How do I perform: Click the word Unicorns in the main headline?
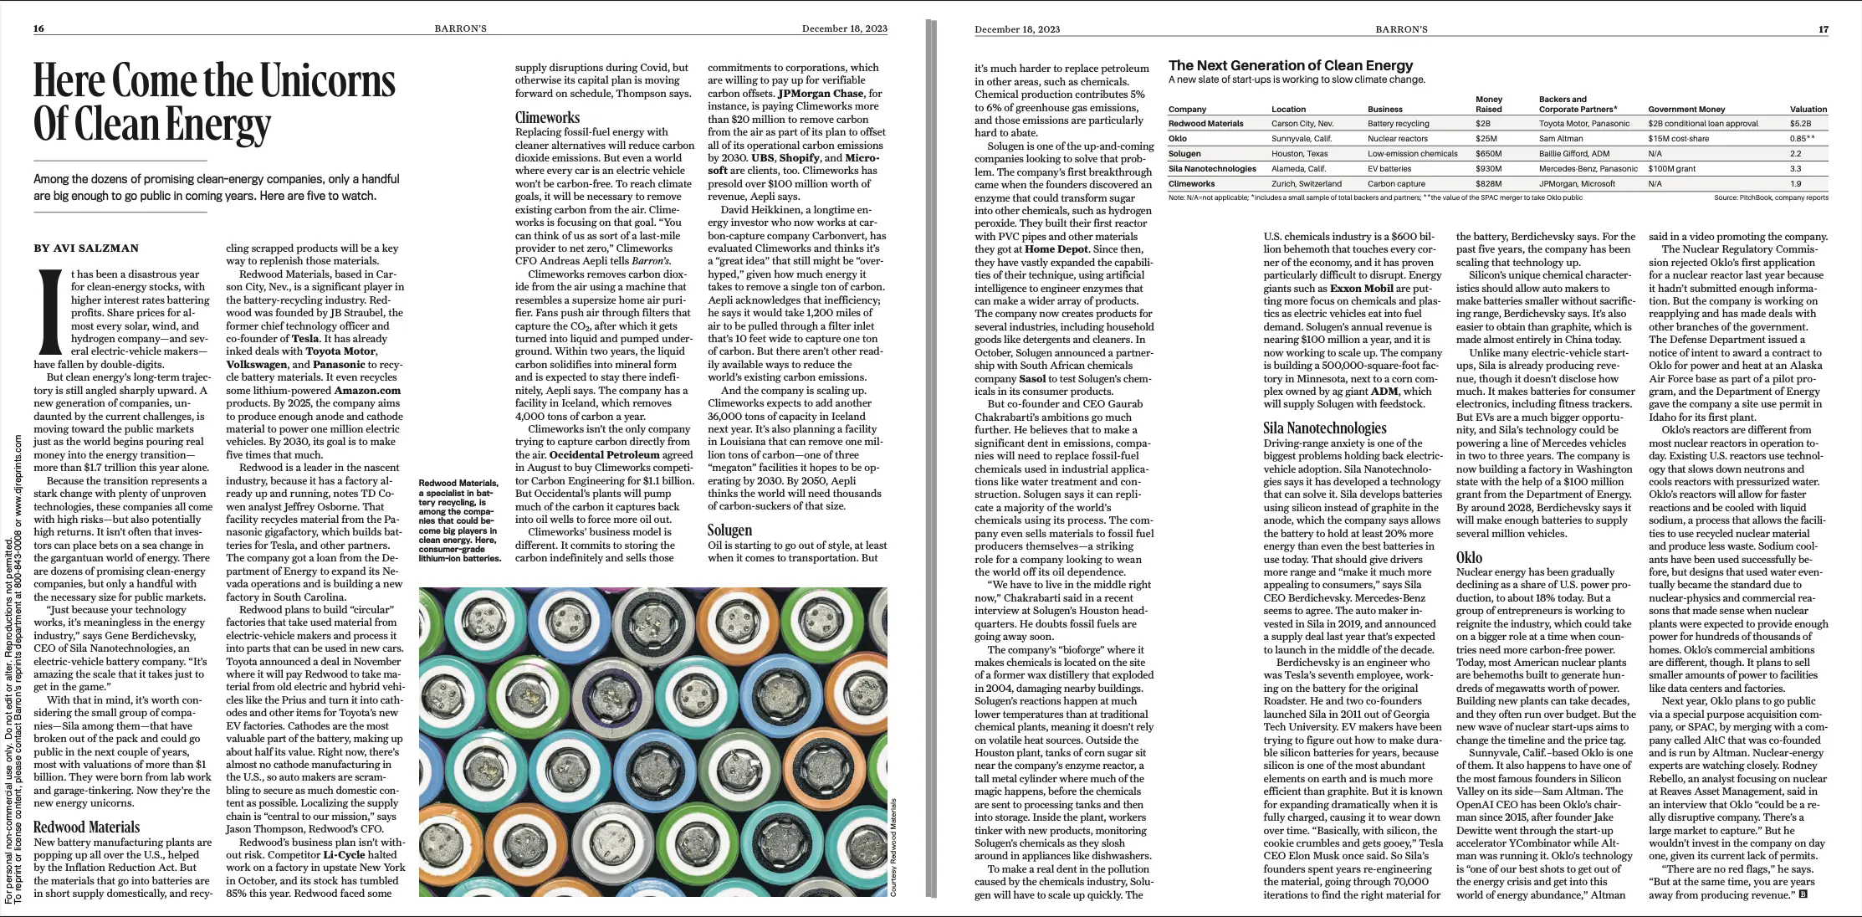click(327, 81)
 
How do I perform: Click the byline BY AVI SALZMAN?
click(86, 248)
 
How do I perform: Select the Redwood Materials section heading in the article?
click(86, 827)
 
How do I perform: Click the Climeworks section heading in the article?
click(547, 118)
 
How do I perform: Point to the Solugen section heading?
click(729, 530)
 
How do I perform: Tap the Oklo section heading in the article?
click(1469, 557)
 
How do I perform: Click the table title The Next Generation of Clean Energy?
click(1290, 65)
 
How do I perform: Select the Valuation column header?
click(1808, 110)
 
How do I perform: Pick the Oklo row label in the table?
click(1178, 139)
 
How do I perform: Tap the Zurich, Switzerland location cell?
click(1306, 184)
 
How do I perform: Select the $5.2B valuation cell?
click(1800, 124)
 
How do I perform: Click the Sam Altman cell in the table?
click(1561, 139)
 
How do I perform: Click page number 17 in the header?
click(1824, 29)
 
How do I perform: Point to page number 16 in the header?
click(38, 28)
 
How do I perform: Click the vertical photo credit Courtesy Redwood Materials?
click(893, 847)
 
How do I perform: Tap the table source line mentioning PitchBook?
click(1770, 197)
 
